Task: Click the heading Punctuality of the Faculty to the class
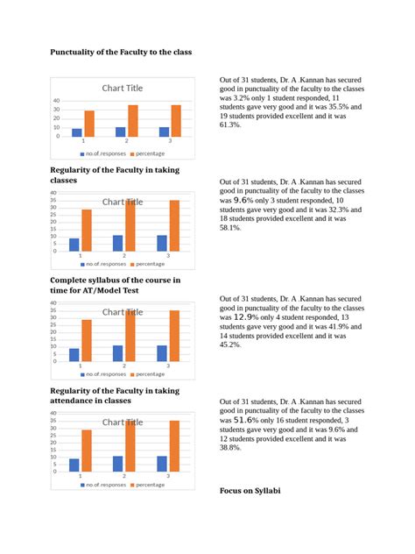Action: (x=119, y=53)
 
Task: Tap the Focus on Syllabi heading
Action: (x=250, y=490)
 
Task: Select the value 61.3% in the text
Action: (x=232, y=125)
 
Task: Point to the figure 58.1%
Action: (x=231, y=227)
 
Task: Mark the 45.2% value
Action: (x=231, y=344)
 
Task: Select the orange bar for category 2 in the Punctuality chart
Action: (x=133, y=121)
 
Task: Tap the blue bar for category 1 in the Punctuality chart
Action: (x=77, y=133)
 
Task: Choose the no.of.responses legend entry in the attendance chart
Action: (x=104, y=484)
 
